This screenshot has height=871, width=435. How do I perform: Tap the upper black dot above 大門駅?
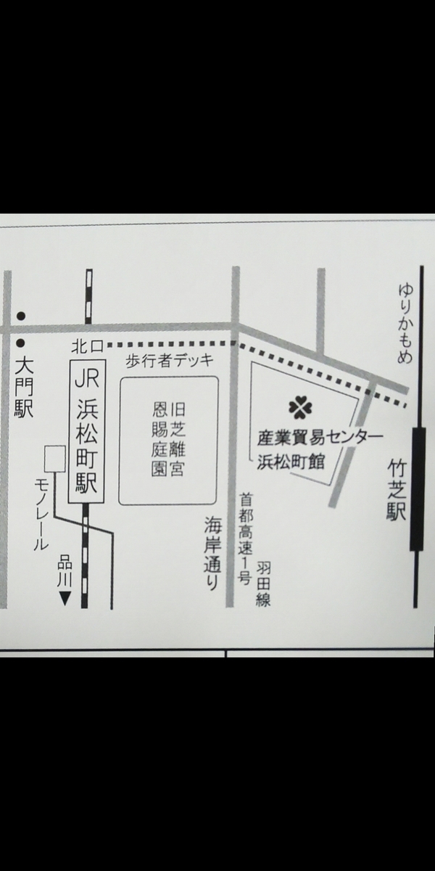(21, 316)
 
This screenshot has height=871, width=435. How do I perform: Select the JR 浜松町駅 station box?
(86, 432)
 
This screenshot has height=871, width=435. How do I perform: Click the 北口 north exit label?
(88, 346)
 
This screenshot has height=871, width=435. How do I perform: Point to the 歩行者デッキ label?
(170, 361)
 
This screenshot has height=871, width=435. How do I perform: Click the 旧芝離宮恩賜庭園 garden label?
(168, 440)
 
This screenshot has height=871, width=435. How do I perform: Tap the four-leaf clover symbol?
(301, 408)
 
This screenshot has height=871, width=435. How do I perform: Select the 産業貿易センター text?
(320, 438)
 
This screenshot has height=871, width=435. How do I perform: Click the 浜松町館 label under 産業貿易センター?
(291, 463)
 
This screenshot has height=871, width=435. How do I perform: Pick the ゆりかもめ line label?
(405, 324)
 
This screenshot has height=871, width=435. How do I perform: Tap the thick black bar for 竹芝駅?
(417, 488)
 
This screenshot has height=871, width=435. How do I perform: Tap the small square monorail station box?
(55, 459)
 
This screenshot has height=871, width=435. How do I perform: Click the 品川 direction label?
(65, 572)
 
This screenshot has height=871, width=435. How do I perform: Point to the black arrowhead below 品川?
(65, 599)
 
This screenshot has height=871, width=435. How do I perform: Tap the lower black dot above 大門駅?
(21, 343)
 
